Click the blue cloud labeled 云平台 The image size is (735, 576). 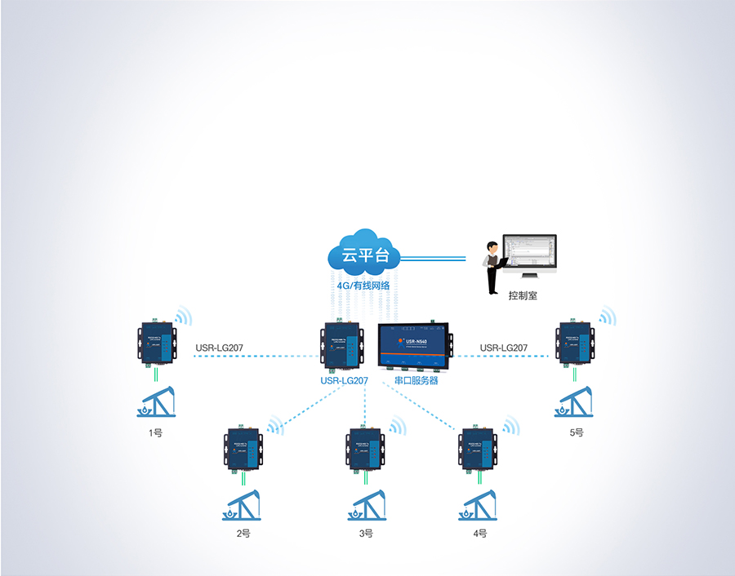pyautogui.click(x=363, y=254)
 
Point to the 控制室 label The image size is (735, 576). pyautogui.click(x=523, y=296)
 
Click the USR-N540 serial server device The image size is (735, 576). pyautogui.click(x=415, y=346)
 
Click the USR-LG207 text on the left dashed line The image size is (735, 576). pyautogui.click(x=219, y=348)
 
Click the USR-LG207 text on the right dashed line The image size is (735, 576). pyautogui.click(x=503, y=348)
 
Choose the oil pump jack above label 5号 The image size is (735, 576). pyautogui.click(x=574, y=401)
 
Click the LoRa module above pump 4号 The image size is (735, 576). pyautogui.click(x=479, y=448)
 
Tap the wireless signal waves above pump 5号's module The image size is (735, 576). pyautogui.click(x=606, y=317)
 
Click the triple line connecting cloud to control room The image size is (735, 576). pyautogui.click(x=433, y=258)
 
